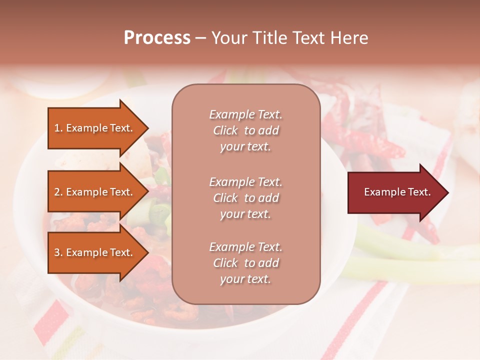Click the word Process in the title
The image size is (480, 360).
(157, 38)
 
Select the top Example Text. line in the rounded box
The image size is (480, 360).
(245, 114)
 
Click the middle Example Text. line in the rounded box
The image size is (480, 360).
(245, 182)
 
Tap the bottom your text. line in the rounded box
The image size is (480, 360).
(245, 279)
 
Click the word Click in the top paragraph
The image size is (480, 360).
(225, 130)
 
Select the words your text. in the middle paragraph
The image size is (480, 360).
(245, 214)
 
